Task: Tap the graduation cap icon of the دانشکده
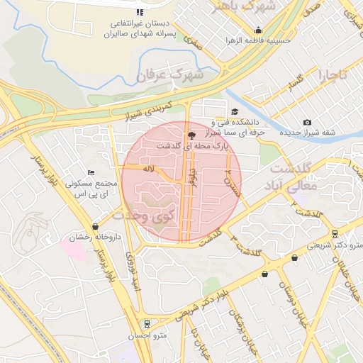pyautogui.click(x=235, y=112)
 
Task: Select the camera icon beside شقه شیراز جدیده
pyautogui.click(x=307, y=123)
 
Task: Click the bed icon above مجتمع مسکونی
pyautogui.click(x=90, y=172)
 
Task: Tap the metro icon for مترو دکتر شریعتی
pyautogui.click(x=335, y=233)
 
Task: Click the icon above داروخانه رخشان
pyautogui.click(x=95, y=226)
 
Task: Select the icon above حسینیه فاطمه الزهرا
pyautogui.click(x=258, y=30)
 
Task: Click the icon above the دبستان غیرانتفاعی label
pyautogui.click(x=140, y=12)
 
